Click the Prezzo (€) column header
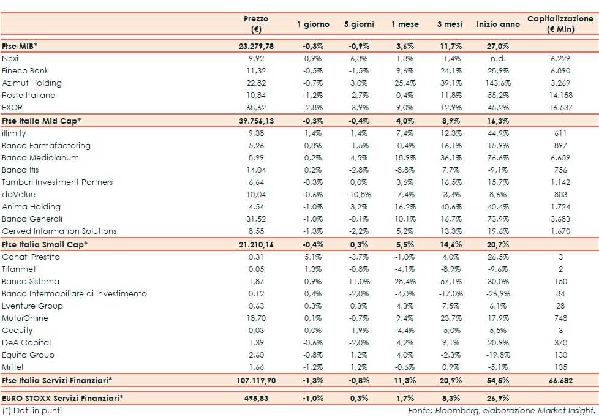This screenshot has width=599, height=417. tap(256, 24)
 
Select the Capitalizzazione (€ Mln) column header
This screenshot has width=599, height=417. tap(560, 24)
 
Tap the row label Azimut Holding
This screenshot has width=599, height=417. tap(32, 83)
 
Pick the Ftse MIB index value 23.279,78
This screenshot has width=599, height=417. tap(256, 46)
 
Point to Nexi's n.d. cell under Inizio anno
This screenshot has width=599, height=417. tap(497, 58)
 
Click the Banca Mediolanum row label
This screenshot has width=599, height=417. tap(37, 157)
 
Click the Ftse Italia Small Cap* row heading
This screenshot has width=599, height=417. tap(45, 244)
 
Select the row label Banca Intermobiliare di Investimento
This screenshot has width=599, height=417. tap(74, 293)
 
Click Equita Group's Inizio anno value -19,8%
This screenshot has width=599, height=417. tap(497, 355)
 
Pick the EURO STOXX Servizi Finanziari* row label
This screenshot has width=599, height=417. tap(62, 398)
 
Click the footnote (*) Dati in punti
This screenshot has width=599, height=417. tap(32, 410)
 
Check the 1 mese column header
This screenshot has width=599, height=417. tap(405, 24)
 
